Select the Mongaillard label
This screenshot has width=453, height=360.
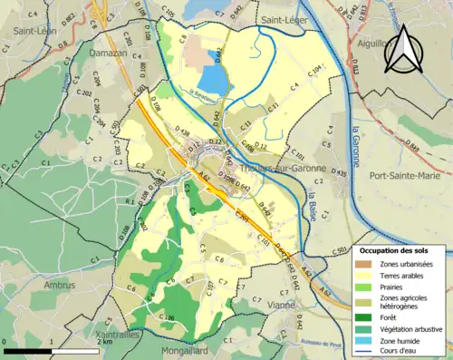(190, 349)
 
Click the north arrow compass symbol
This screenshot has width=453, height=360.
(404, 50)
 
